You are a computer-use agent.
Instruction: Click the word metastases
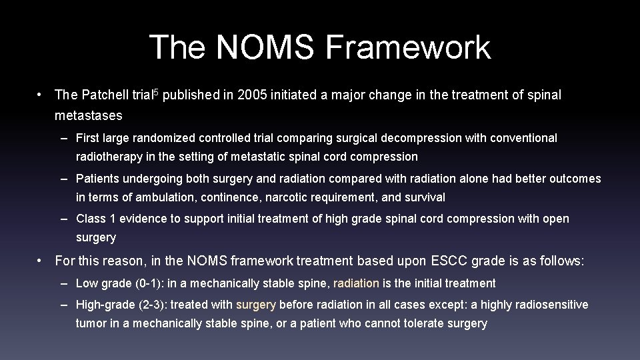[x=89, y=116]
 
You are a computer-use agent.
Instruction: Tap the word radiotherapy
[x=108, y=157]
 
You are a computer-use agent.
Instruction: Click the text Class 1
[x=96, y=219]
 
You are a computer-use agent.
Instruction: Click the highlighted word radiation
[x=356, y=283]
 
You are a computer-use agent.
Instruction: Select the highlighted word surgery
[x=256, y=305]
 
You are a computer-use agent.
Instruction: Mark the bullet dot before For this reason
[x=41, y=261]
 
